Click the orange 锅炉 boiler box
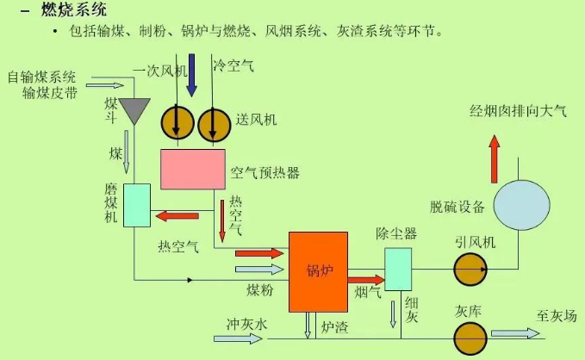tap(318, 271)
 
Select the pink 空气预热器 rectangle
tap(192, 169)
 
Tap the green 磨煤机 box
tap(137, 205)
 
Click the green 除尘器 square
tap(398, 269)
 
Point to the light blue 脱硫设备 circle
tap(521, 205)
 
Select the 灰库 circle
tap(470, 336)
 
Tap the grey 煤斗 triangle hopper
tap(135, 109)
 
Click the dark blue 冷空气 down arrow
tap(192, 74)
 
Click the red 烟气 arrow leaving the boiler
tap(365, 279)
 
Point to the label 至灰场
tap(555, 315)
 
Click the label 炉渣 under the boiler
tap(334, 326)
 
